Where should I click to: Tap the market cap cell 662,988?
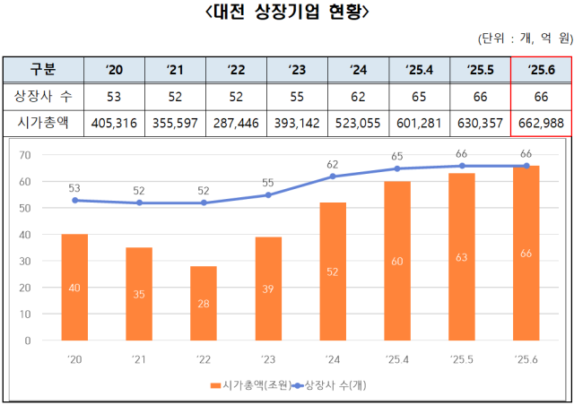click(x=541, y=122)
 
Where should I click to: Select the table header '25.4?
click(x=418, y=68)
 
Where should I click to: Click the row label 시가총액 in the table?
click(x=41, y=122)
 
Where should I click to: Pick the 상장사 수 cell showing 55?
click(x=296, y=95)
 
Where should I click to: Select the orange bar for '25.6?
click(x=526, y=253)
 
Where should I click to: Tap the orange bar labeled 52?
click(x=333, y=271)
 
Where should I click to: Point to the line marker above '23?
click(x=268, y=194)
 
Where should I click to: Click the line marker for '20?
click(x=74, y=200)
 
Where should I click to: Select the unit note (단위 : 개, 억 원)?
click(x=526, y=39)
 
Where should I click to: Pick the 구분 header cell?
click(x=41, y=68)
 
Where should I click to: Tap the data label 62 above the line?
click(x=333, y=164)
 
